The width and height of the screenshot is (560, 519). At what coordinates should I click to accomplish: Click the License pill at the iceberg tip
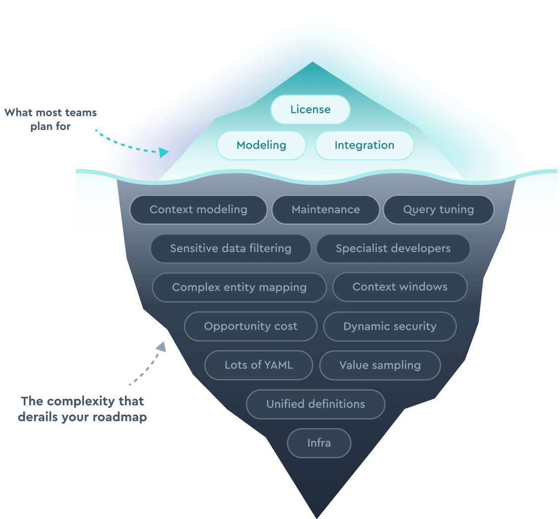click(x=310, y=109)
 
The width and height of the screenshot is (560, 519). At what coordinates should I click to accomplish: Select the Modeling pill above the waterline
click(x=261, y=145)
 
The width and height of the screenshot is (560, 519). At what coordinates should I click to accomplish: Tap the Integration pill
click(x=364, y=145)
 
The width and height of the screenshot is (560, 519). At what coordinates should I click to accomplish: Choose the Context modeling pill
click(x=198, y=210)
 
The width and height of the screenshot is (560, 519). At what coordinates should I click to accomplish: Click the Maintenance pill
click(x=325, y=210)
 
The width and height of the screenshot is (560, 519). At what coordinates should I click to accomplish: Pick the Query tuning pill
click(x=438, y=210)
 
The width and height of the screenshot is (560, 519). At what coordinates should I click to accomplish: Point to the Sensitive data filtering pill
click(x=231, y=248)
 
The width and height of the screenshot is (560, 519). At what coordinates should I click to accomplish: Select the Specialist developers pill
click(x=393, y=248)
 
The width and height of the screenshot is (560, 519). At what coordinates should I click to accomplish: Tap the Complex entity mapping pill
click(x=239, y=287)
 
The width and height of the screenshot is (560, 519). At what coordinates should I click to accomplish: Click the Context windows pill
click(x=400, y=287)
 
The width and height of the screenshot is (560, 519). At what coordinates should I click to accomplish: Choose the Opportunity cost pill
click(x=250, y=326)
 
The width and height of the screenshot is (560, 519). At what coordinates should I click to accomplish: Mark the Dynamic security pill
click(x=390, y=326)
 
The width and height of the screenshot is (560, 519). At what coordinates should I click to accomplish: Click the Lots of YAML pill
click(x=258, y=365)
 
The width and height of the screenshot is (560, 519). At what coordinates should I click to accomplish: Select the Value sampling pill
click(x=380, y=365)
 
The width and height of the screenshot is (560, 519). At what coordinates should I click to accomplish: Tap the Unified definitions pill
click(x=316, y=404)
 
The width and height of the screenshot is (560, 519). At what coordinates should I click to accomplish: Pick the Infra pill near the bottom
click(x=319, y=443)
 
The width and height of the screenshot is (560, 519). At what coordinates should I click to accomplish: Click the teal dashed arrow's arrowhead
click(x=164, y=153)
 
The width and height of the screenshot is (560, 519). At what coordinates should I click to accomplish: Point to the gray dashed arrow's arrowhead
click(x=160, y=346)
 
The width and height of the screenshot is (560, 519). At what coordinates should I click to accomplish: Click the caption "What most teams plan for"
click(x=51, y=120)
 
